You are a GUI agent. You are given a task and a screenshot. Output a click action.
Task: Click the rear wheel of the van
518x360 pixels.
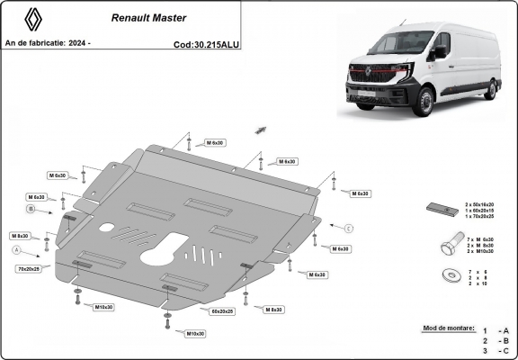coord(490,88)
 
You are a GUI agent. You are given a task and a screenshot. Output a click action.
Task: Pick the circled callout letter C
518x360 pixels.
coord(350,226)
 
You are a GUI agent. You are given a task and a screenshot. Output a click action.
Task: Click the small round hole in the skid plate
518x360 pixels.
coord(107,227)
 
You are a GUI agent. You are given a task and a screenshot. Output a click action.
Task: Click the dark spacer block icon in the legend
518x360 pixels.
coord(441,211)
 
